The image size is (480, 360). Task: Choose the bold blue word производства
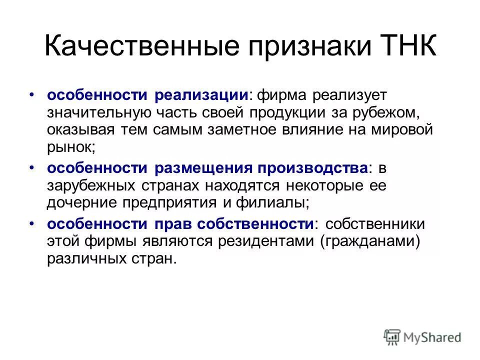[314, 168]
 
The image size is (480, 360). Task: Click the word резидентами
[266, 241]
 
